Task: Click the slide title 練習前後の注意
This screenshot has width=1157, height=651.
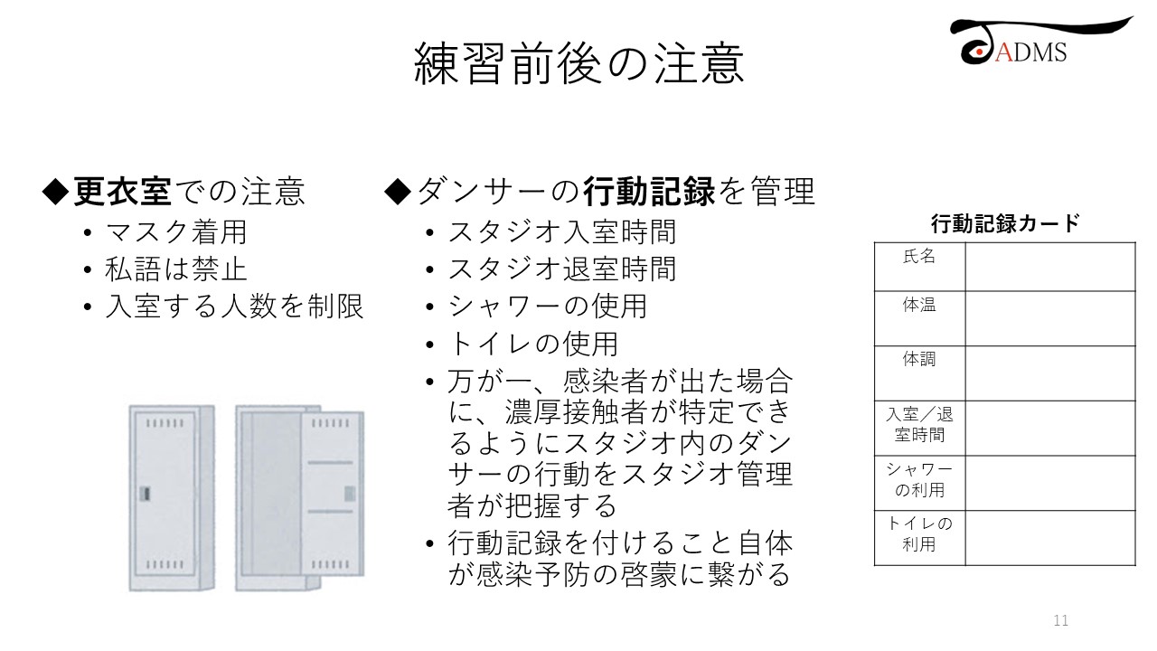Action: point(578,63)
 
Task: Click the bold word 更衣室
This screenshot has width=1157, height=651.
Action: point(122,191)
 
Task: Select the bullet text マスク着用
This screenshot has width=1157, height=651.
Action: point(176,232)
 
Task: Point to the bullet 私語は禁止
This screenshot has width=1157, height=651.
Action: point(176,269)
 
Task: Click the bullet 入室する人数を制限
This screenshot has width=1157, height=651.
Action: point(234,307)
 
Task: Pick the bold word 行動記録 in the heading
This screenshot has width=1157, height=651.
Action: point(649,191)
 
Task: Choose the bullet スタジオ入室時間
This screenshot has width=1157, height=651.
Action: point(562,232)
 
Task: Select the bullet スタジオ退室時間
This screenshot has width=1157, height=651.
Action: point(562,269)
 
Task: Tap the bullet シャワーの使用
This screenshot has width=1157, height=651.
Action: point(548,307)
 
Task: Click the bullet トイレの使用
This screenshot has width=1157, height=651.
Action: point(533,344)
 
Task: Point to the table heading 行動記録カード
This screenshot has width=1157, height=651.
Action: point(1005,223)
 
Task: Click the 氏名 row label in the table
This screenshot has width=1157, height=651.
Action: point(919,256)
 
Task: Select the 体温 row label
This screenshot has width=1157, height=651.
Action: point(919,305)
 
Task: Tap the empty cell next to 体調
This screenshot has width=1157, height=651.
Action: point(1050,373)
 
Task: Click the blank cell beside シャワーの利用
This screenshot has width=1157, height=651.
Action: point(1050,483)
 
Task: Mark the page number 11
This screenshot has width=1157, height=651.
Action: point(1061,620)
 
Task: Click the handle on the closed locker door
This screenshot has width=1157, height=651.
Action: point(146,494)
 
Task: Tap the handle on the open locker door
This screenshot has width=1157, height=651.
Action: point(350,494)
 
